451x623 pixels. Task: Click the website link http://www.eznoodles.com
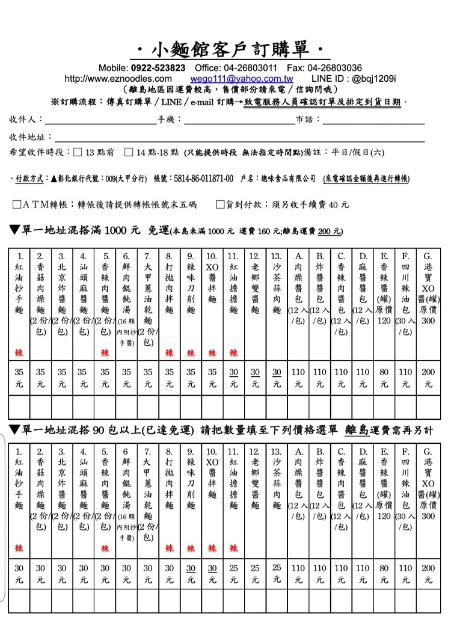point(118,79)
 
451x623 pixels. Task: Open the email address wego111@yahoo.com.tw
point(242,79)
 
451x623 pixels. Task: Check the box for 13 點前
point(78,152)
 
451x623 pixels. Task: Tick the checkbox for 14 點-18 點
point(128,152)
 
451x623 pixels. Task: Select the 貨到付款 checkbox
point(220,204)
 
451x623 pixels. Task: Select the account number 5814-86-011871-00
point(201,179)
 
